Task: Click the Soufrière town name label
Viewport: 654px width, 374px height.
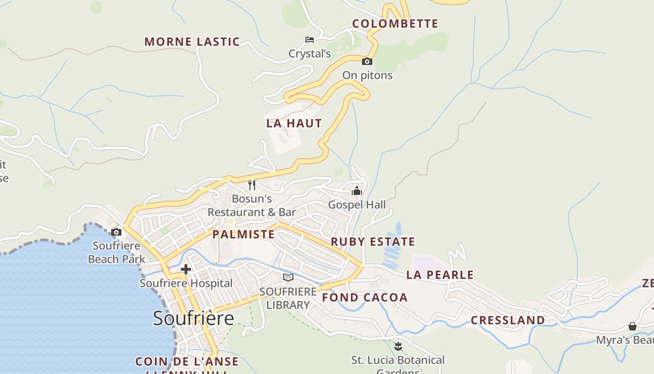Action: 193,318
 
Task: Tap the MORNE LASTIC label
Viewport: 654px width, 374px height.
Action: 192,42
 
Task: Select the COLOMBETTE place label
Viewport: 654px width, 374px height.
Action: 395,24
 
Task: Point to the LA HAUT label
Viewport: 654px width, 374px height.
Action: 294,123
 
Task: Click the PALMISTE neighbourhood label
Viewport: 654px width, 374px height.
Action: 243,234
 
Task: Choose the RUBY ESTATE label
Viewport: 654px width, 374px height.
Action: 373,242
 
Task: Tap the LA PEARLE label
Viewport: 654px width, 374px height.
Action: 440,275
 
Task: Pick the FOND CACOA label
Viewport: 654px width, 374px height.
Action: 365,297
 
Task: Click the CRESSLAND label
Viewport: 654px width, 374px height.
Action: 508,320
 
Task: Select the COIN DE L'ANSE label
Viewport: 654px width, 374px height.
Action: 187,361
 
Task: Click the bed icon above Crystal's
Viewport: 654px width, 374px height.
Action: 309,40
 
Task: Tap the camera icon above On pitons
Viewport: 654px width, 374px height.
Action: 367,61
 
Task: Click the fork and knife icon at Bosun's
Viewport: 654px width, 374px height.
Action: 252,185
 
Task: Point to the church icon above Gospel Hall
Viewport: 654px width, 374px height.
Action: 357,190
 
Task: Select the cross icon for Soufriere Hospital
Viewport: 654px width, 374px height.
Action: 186,269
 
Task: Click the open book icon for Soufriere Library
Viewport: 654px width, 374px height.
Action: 288,278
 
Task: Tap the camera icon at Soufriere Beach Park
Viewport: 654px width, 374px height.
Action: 116,232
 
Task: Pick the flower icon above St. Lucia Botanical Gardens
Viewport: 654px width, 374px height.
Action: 398,346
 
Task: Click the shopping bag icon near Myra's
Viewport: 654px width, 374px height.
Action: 633,326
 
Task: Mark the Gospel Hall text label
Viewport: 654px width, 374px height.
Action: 357,205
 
